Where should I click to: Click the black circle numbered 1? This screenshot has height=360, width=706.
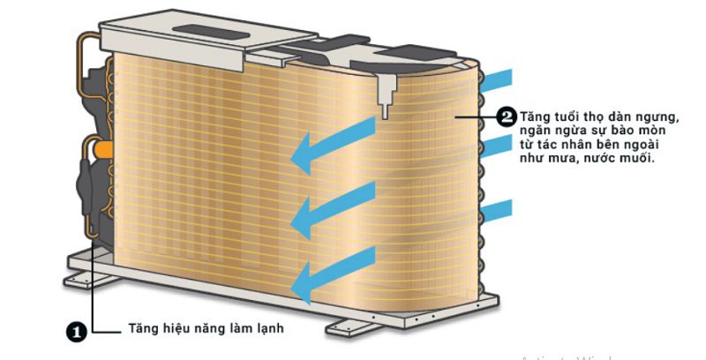[x=76, y=332]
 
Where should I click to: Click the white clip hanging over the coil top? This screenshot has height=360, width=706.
[x=386, y=92]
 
